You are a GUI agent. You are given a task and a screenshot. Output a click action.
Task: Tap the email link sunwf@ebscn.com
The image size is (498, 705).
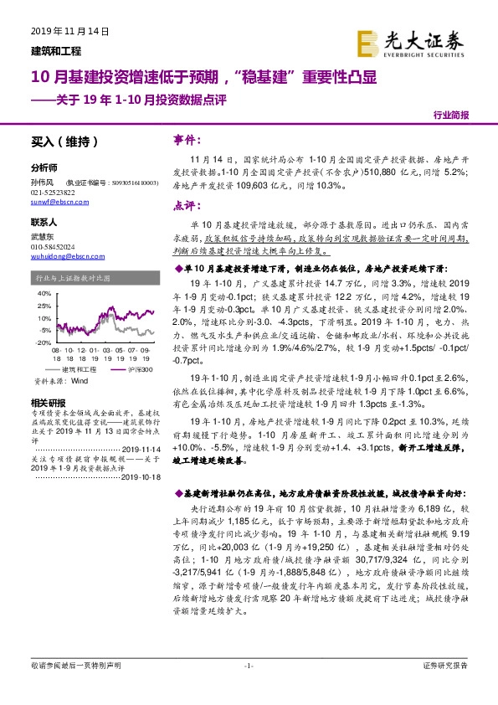point(54,203)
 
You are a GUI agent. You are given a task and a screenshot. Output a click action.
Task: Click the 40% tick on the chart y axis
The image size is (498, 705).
point(42,295)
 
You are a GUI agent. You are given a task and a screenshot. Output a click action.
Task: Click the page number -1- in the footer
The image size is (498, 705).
point(248,687)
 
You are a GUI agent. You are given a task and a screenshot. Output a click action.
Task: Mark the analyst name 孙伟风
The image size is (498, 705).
point(43,181)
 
